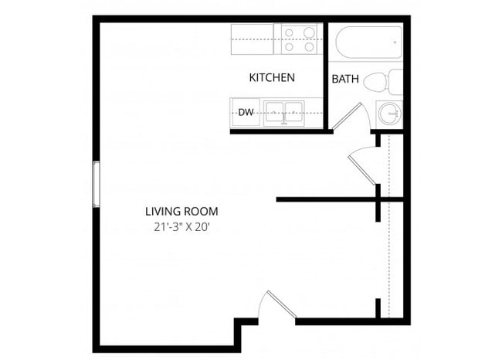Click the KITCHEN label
tap(271, 78)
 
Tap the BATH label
tap(344, 80)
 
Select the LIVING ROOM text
tap(181, 211)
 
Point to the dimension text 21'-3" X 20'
tap(181, 227)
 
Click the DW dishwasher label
tap(246, 113)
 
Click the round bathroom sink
tap(389, 114)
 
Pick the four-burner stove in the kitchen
tap(300, 39)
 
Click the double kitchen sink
tap(283, 113)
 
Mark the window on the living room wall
tap(97, 184)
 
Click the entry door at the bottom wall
tap(278, 306)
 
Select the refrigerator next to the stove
tap(253, 39)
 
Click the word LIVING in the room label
tap(163, 211)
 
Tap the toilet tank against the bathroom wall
tap(395, 81)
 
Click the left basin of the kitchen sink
tap(274, 113)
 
